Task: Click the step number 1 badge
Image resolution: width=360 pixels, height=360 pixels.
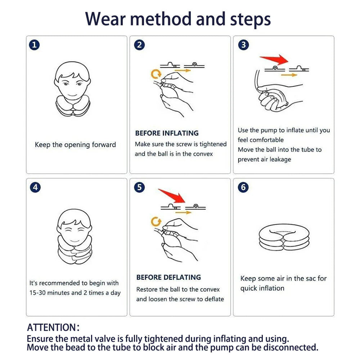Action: click(x=35, y=45)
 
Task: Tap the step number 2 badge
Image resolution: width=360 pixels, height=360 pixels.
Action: click(x=139, y=45)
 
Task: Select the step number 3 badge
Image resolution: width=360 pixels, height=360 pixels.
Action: click(x=243, y=45)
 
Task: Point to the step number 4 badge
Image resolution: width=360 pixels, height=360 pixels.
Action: click(x=35, y=188)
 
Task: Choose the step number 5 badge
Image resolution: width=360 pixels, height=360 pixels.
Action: click(x=139, y=188)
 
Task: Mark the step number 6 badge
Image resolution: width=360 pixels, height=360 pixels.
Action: click(x=243, y=188)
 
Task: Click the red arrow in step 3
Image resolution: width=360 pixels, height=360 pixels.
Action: click(x=274, y=59)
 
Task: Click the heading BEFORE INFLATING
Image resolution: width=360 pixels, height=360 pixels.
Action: click(x=167, y=133)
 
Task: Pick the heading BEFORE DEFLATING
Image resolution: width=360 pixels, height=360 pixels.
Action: click(x=168, y=277)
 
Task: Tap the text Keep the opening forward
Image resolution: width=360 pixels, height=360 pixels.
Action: click(x=75, y=145)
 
